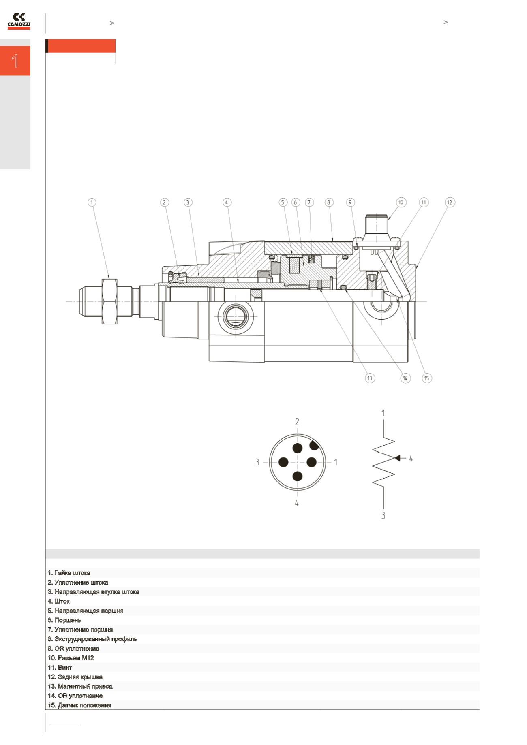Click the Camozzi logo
(19, 21)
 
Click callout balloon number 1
(92, 202)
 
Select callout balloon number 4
(227, 202)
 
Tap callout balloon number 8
(329, 202)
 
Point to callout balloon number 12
(450, 202)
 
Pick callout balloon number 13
(370, 378)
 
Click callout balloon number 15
(426, 378)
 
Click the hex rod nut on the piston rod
(109, 301)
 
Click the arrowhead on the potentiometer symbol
(397, 458)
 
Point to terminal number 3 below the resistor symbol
(383, 515)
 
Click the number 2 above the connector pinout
(297, 422)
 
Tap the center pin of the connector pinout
(297, 462)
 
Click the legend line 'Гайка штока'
(69, 573)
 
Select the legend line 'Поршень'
(64, 620)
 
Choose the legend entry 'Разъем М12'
(71, 658)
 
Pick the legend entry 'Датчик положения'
(79, 705)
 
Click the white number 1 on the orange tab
(15, 61)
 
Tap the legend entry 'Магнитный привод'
(80, 686)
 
